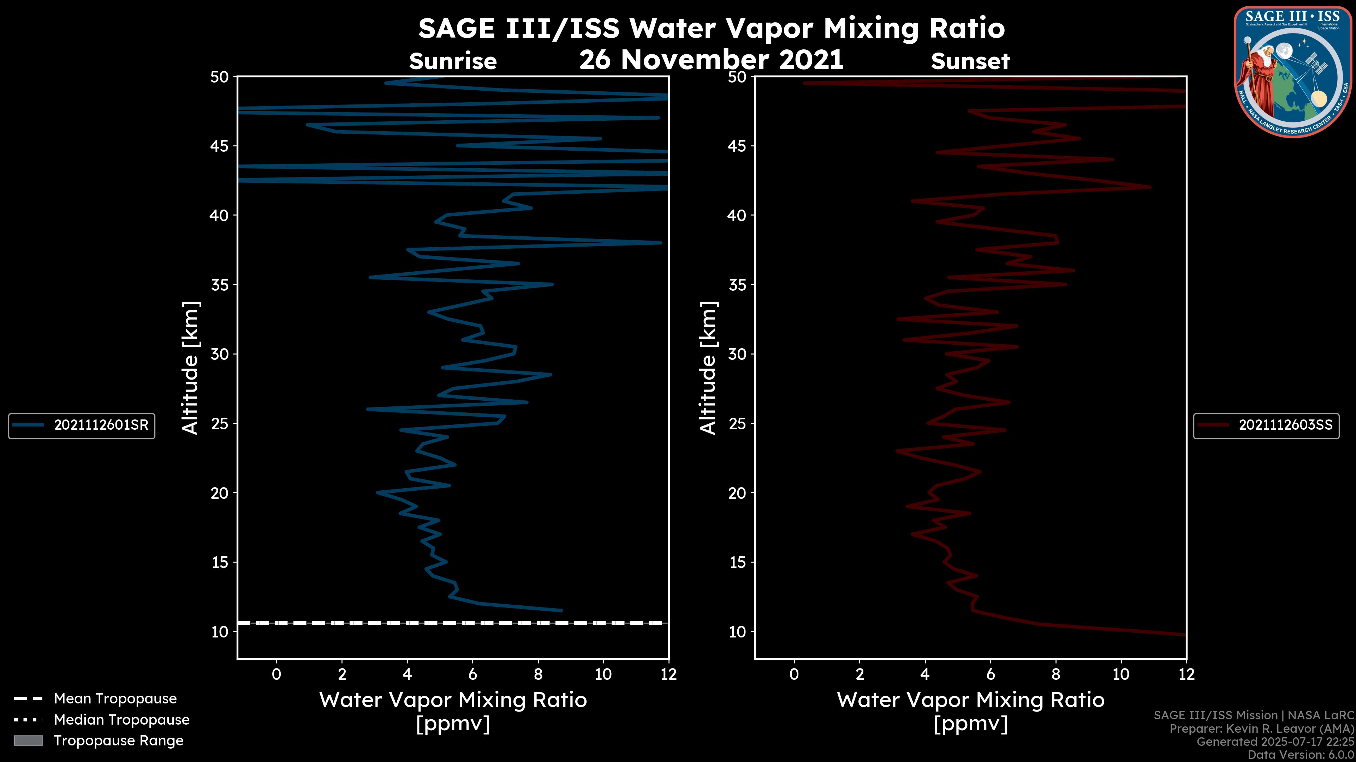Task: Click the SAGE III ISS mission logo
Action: click(1292, 72)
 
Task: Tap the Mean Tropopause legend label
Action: click(115, 698)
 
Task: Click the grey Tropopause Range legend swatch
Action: click(28, 740)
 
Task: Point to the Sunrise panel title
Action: click(453, 61)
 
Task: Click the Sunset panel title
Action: click(970, 61)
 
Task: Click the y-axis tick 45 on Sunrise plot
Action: click(220, 146)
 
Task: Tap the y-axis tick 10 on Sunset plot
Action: click(737, 631)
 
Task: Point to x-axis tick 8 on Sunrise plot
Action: click(538, 674)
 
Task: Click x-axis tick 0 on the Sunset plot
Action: click(794, 674)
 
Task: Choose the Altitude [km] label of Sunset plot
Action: click(708, 368)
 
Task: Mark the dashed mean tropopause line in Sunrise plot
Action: click(453, 623)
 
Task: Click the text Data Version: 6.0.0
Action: click(1300, 755)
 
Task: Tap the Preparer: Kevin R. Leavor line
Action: click(1261, 729)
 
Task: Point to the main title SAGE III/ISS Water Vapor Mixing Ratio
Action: click(711, 28)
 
